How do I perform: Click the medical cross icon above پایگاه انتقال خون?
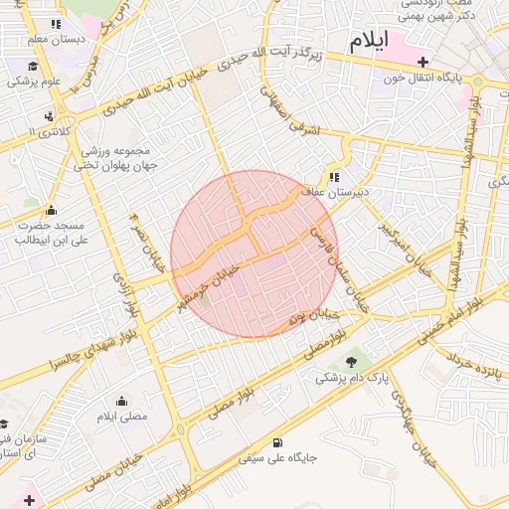point(423,62)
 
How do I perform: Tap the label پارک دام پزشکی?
point(349,379)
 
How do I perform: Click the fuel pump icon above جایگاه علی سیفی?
point(275,443)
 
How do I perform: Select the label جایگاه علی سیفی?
point(277,459)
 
